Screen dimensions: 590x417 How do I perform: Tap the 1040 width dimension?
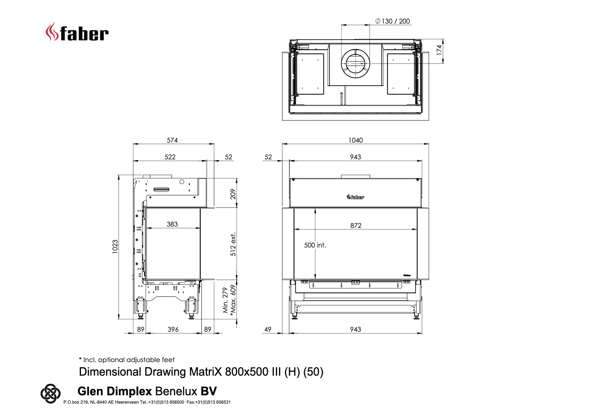(x=356, y=140)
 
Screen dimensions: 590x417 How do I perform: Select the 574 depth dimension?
(x=172, y=140)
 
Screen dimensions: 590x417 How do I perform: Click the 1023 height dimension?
(x=115, y=246)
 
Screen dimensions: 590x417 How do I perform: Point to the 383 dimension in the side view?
(x=172, y=224)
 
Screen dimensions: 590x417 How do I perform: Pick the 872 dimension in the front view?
(x=356, y=226)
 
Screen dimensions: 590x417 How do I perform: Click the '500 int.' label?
(x=315, y=245)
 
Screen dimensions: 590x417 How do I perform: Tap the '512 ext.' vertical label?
(x=233, y=244)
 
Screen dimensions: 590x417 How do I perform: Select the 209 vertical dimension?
(x=233, y=194)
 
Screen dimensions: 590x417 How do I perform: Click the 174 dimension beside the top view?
(x=439, y=50)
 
